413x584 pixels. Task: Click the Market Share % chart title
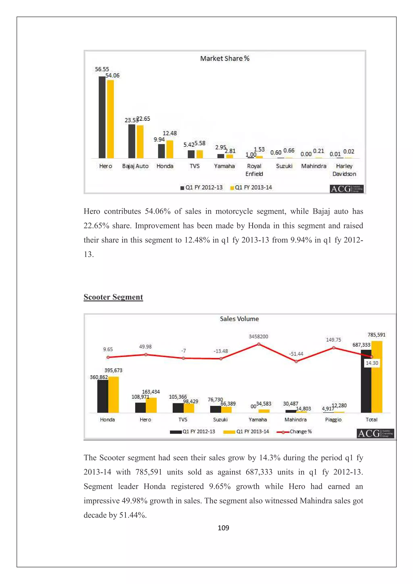pyautogui.click(x=225, y=58)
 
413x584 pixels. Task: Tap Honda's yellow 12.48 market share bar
pyautogui.click(x=169, y=149)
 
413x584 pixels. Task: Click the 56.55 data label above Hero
pyautogui.click(x=102, y=69)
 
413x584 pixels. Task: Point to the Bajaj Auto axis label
pyautogui.click(x=135, y=166)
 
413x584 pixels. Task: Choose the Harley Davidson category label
pyautogui.click(x=344, y=170)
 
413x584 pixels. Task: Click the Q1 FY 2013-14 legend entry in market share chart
pyautogui.click(x=251, y=187)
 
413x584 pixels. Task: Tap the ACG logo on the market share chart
pyautogui.click(x=346, y=189)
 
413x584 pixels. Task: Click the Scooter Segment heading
pyautogui.click(x=113, y=297)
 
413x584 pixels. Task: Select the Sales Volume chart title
pyautogui.click(x=239, y=319)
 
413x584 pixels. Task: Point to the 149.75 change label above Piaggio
pyautogui.click(x=333, y=340)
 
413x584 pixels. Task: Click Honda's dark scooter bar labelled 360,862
pyautogui.click(x=103, y=396)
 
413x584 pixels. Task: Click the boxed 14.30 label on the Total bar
pyautogui.click(x=372, y=363)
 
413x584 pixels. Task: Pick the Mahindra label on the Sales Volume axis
pyautogui.click(x=295, y=420)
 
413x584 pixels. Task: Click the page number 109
pyautogui.click(x=223, y=528)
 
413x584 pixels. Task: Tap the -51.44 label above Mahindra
pyautogui.click(x=296, y=354)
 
